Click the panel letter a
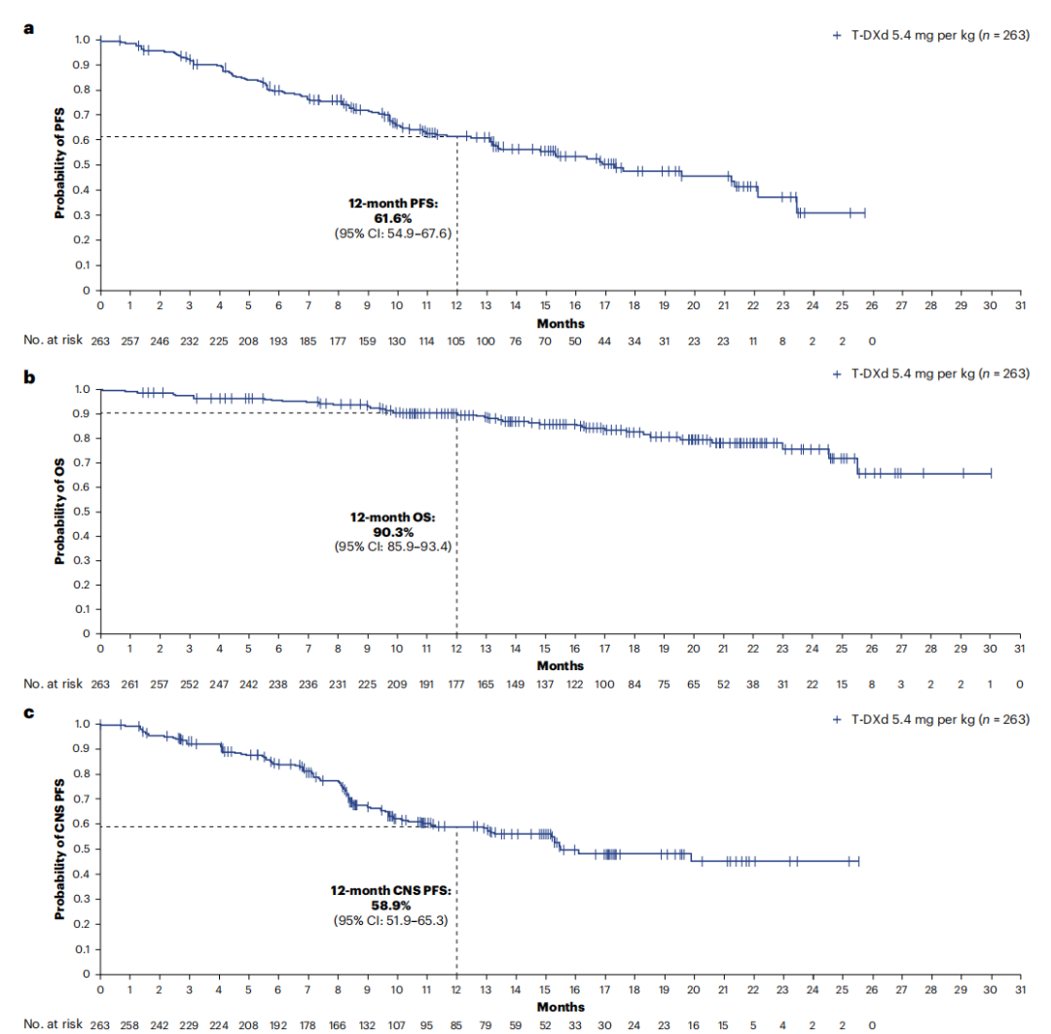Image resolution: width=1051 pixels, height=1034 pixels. tap(28, 28)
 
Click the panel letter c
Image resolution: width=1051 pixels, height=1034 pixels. tap(28, 713)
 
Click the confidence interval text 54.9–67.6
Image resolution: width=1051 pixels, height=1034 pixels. tap(409, 233)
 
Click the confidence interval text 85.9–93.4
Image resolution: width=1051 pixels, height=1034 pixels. tap(409, 549)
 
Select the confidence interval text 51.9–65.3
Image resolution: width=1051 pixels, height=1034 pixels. tap(409, 919)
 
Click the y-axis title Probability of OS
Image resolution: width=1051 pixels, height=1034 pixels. tap(59, 512)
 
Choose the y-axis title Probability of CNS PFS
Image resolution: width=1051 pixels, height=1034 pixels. tap(59, 849)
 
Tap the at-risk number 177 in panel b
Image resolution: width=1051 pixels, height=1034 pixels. tap(456, 684)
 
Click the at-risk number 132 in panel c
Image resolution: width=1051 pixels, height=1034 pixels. tap(367, 1023)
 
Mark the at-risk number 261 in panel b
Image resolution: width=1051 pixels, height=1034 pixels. tap(129, 684)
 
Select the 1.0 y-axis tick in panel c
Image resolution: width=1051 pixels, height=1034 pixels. tap(82, 725)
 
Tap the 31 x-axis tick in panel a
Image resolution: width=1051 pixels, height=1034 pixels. tap(1019, 304)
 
